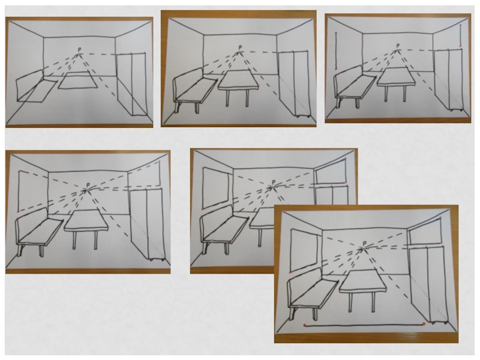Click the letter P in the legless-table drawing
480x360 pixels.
tap(79, 50)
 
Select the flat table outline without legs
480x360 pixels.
tap(78, 80)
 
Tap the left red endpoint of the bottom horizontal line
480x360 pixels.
tap(305, 325)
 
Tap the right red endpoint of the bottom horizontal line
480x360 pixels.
tap(424, 323)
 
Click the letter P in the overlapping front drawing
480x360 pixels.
tap(364, 243)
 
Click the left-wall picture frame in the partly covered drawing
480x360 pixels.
tap(215, 188)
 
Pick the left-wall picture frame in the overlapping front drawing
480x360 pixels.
tap(304, 250)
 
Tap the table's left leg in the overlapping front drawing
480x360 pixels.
tap(350, 302)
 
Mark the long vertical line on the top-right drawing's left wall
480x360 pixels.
tap(336, 50)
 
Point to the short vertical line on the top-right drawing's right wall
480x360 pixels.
tap(460, 36)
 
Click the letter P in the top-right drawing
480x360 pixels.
tap(398, 46)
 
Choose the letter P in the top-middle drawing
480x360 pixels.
tap(240, 47)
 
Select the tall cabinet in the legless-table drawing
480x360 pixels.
tap(131, 85)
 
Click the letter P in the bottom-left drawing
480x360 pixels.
tap(88, 185)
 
